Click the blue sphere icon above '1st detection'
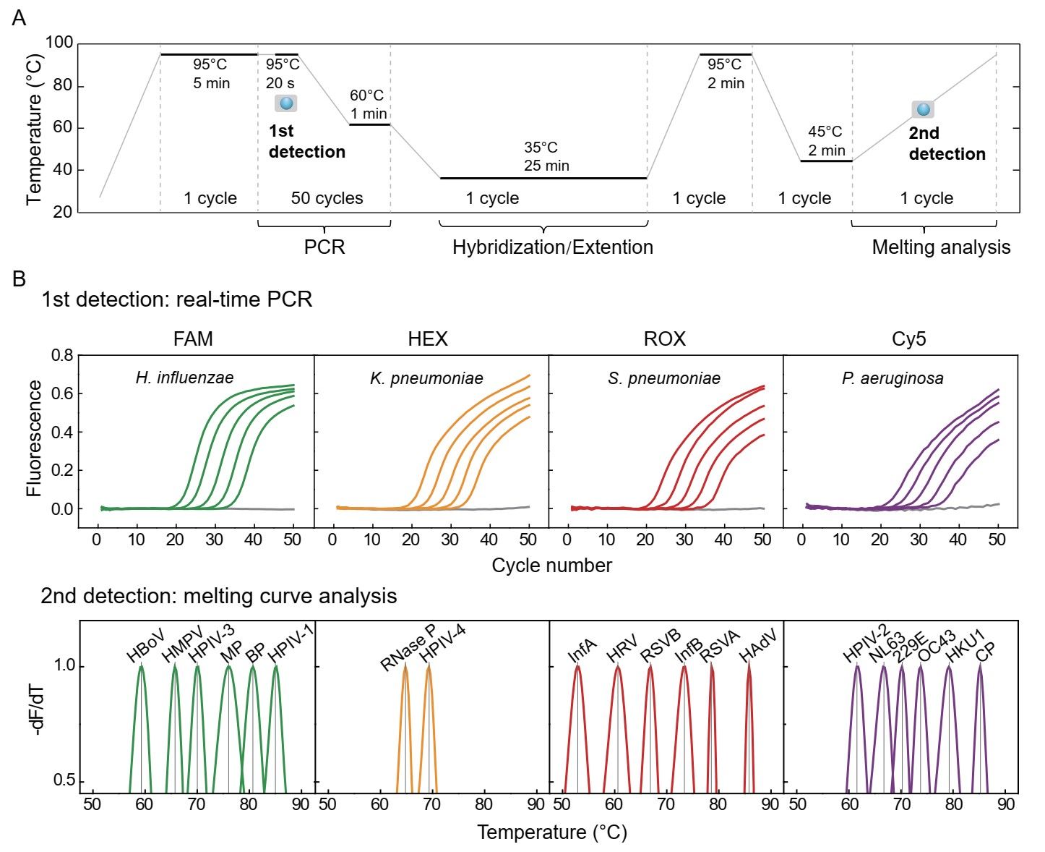[286, 103]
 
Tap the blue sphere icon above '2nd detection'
[923, 110]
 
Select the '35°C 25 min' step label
[546, 157]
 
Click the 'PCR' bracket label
[324, 247]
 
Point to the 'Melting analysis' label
[941, 247]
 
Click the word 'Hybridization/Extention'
[552, 247]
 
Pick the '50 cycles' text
[327, 198]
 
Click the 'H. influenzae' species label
[184, 378]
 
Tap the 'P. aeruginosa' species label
[893, 378]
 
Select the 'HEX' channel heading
[428, 338]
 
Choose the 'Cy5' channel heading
[908, 338]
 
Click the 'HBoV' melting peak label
[145, 647]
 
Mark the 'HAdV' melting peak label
[757, 646]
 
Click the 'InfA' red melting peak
[577, 694]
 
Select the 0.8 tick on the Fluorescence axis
[62, 356]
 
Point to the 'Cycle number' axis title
[551, 566]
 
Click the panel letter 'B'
[20, 278]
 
